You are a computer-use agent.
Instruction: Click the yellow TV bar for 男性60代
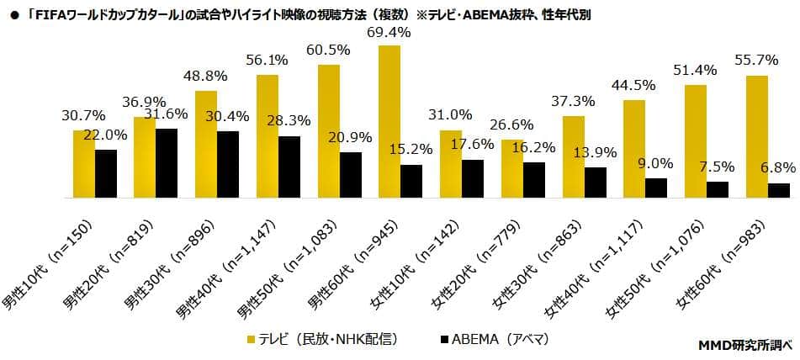coord(389,122)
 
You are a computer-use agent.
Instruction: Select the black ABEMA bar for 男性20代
coord(167,163)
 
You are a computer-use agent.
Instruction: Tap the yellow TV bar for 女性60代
coord(756,137)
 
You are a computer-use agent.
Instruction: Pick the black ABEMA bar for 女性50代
coord(718,190)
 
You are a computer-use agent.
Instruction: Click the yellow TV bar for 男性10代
coord(84,164)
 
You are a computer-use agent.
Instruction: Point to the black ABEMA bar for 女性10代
coord(473,178)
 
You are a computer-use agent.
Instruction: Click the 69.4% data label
coord(389,33)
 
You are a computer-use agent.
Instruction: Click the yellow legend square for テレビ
coord(251,340)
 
